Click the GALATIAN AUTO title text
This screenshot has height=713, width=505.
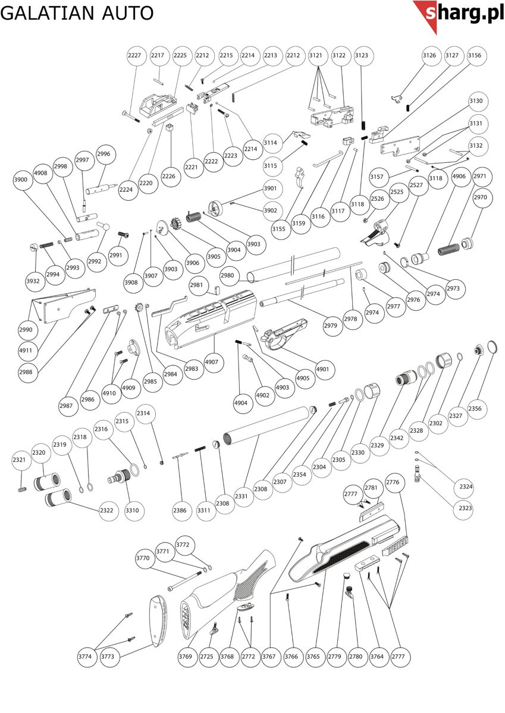(77, 12)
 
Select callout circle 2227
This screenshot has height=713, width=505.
(135, 55)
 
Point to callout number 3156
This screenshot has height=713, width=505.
(474, 55)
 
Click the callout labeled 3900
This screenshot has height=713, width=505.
(21, 179)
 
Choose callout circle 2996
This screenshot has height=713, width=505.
(103, 154)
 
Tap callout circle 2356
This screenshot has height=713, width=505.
(475, 408)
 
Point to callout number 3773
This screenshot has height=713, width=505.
(108, 657)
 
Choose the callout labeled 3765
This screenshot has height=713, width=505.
(313, 657)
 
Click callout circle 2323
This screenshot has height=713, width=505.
(465, 509)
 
